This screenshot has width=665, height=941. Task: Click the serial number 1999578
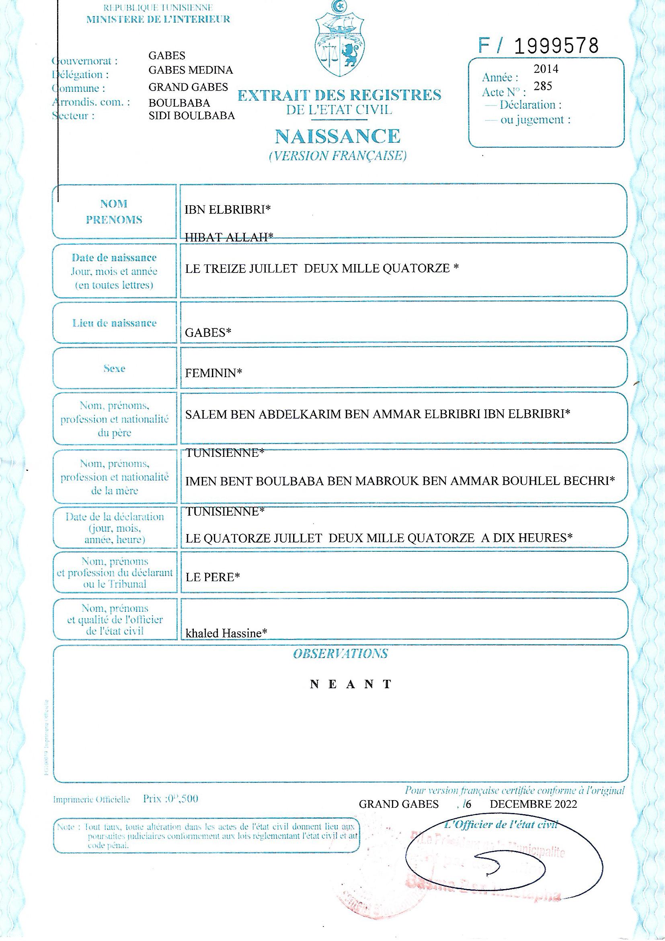pyautogui.click(x=555, y=46)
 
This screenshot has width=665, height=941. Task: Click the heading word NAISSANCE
pyautogui.click(x=337, y=136)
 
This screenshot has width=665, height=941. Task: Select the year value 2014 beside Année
pyautogui.click(x=546, y=69)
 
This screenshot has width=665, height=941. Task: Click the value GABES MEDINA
pyautogui.click(x=191, y=70)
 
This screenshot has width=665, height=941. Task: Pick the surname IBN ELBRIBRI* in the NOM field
pyautogui.click(x=228, y=209)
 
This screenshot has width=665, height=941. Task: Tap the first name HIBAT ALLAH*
pyautogui.click(x=229, y=237)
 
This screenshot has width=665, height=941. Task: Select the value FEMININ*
pyautogui.click(x=213, y=373)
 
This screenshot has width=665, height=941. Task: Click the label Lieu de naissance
pyautogui.click(x=114, y=323)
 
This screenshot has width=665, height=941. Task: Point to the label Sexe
pyautogui.click(x=114, y=368)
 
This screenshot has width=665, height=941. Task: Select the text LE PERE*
pyautogui.click(x=213, y=577)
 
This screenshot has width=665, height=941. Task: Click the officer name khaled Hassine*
pyautogui.click(x=226, y=633)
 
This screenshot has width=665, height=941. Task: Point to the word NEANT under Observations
pyautogui.click(x=351, y=685)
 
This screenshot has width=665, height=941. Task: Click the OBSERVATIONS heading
pyautogui.click(x=340, y=654)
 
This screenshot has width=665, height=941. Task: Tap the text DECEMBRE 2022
pyautogui.click(x=533, y=804)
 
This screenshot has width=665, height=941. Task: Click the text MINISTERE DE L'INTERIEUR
pyautogui.click(x=158, y=19)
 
